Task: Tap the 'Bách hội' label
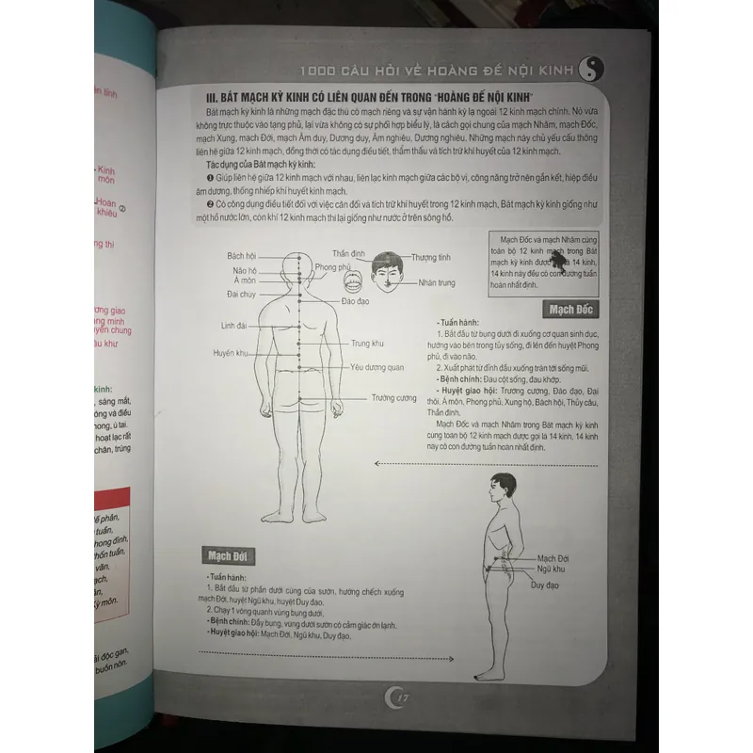[x=242, y=256]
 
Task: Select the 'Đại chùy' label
[x=242, y=295]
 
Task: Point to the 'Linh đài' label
[x=233, y=327]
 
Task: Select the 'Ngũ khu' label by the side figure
[x=550, y=569]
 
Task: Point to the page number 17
[x=396, y=697]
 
